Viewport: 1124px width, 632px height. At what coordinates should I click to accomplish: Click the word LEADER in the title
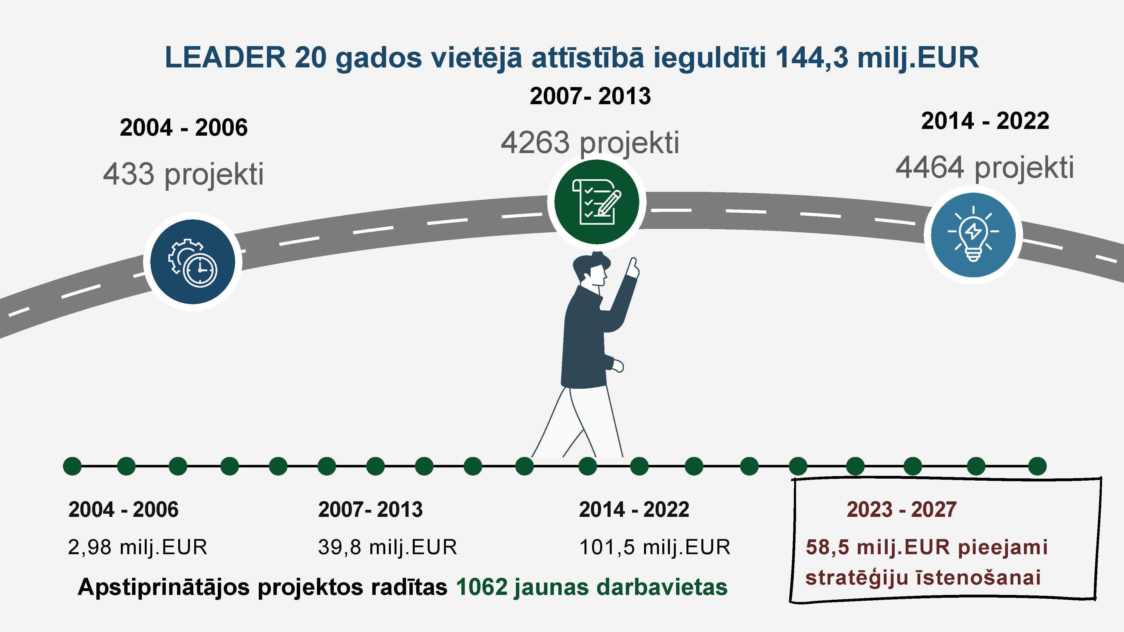tap(225, 57)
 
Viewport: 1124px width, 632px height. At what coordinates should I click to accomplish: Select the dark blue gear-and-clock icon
tap(193, 262)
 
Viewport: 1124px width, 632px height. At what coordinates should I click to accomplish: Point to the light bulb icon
tap(973, 234)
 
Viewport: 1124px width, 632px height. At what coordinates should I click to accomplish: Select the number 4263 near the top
tap(535, 143)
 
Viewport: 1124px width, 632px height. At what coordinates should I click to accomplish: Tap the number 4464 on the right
tap(930, 168)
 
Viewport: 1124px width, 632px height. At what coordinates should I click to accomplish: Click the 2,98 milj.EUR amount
tap(137, 547)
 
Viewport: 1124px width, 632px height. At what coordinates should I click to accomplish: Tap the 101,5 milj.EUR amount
tap(654, 547)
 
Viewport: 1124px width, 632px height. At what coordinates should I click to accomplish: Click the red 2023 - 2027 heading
tap(901, 510)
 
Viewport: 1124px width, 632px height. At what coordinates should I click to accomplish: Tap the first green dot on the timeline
tap(72, 466)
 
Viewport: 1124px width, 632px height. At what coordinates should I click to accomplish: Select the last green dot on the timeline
tap(1037, 466)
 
